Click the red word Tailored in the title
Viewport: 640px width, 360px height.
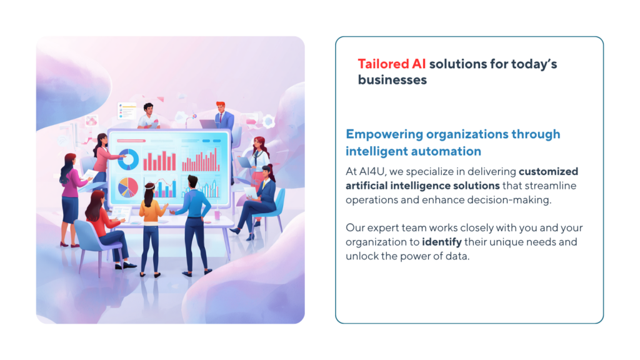click(x=383, y=64)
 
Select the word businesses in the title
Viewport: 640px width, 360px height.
click(x=392, y=79)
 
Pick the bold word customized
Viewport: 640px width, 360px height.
click(x=548, y=171)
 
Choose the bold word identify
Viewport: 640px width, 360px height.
click(x=442, y=242)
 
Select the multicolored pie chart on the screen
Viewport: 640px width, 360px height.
click(x=127, y=187)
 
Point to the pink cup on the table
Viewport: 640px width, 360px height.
click(x=217, y=215)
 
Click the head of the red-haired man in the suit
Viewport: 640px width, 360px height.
click(x=221, y=107)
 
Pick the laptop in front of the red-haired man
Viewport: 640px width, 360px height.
click(x=207, y=124)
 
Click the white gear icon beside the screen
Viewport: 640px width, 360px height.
click(x=269, y=121)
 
